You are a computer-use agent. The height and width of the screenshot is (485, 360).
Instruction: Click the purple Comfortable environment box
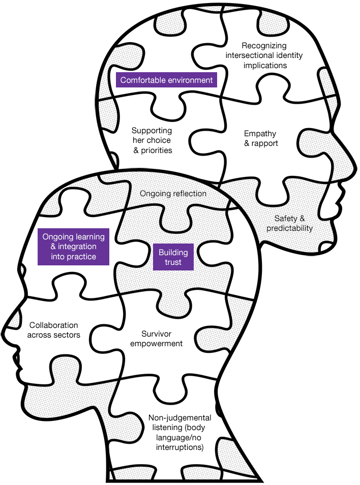click(x=166, y=80)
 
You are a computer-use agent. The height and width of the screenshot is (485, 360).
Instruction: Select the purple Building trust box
click(x=173, y=257)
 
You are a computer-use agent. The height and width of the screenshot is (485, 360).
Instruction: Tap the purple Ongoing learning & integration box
click(x=73, y=247)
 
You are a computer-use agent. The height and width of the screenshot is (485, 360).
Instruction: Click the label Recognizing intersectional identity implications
click(x=264, y=55)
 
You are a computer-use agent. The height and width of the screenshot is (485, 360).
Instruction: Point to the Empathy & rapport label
click(x=261, y=138)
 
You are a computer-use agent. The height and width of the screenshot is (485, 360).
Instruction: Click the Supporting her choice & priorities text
click(x=152, y=140)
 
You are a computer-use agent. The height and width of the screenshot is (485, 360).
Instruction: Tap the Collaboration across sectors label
click(x=53, y=330)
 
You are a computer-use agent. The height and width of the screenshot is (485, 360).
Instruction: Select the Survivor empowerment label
click(x=156, y=339)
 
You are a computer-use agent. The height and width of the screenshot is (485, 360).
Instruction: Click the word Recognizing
click(x=264, y=46)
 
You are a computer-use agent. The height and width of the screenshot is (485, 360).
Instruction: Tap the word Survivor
click(x=156, y=334)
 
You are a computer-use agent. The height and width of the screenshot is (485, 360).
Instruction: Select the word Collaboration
click(x=53, y=325)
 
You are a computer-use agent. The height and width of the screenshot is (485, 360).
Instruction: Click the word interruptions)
click(x=180, y=447)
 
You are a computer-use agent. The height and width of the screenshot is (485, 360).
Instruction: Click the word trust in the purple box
click(x=173, y=262)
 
